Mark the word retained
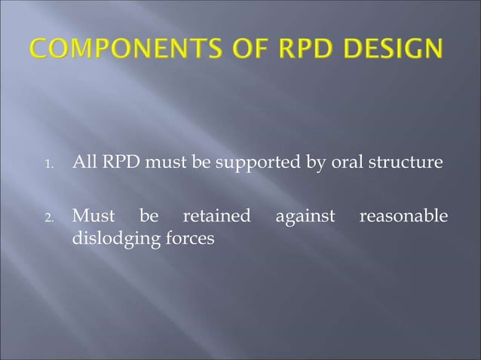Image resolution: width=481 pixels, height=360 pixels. coord(217,217)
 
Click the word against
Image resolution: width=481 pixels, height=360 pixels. coord(305,218)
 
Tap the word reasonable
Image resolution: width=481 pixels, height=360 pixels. coord(403,217)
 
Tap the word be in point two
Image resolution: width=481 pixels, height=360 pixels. coord(149,217)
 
